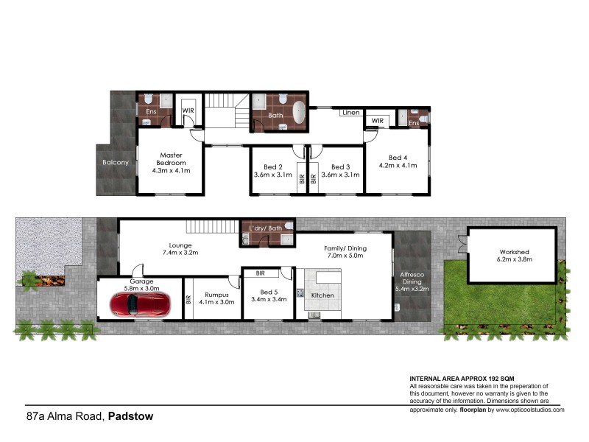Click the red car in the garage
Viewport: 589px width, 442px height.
[x=141, y=304]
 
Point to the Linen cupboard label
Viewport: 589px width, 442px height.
[x=351, y=113]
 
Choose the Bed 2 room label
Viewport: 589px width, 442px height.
[x=275, y=166]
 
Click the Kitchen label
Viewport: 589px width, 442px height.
[x=322, y=295]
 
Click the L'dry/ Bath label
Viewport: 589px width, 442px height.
[x=265, y=228]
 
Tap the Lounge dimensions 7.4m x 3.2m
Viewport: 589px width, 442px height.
[x=180, y=253]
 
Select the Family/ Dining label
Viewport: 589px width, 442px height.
[x=345, y=249]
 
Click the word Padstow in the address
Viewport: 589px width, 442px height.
[x=130, y=416]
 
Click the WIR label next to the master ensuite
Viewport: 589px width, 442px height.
[x=188, y=111]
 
